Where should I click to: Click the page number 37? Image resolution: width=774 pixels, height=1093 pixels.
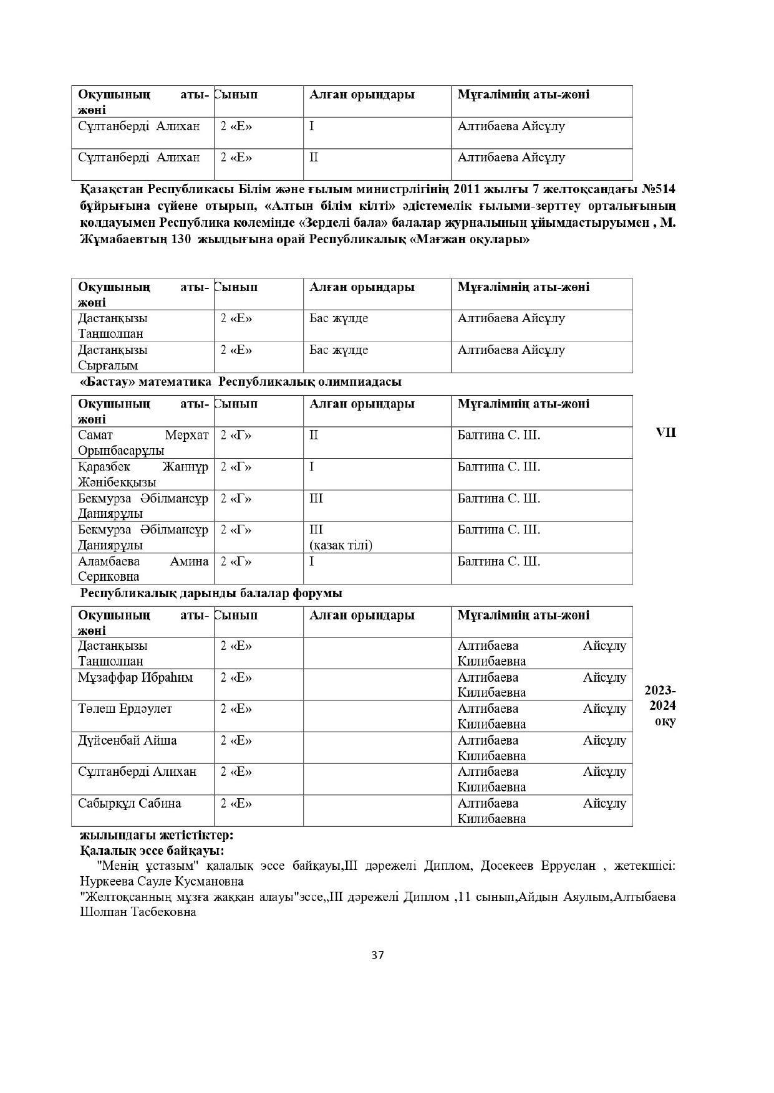(x=377, y=955)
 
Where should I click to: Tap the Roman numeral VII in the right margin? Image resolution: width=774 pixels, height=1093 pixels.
(x=665, y=432)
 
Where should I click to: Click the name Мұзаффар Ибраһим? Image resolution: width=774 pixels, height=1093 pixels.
(x=135, y=677)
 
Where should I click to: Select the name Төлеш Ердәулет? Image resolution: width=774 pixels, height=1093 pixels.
(x=125, y=709)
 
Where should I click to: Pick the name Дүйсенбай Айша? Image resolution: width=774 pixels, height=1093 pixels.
(x=127, y=740)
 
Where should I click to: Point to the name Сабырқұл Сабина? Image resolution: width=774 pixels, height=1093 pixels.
(x=129, y=803)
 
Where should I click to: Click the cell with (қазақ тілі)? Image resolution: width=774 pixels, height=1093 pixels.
(x=341, y=545)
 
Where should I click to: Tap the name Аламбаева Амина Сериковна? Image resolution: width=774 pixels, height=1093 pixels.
(x=143, y=569)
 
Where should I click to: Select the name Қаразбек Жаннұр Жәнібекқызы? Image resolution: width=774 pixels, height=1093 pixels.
(x=143, y=474)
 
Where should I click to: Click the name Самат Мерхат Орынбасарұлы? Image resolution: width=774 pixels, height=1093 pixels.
(x=143, y=442)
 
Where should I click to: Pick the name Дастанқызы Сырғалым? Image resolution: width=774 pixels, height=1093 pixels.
(x=113, y=357)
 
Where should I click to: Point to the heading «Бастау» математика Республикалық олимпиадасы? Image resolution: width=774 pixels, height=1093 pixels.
(x=241, y=381)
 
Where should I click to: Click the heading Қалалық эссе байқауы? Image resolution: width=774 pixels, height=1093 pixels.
(x=152, y=850)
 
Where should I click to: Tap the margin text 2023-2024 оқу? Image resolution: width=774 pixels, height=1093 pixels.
(x=660, y=706)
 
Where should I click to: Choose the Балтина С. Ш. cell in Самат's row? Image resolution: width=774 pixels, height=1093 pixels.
(x=498, y=435)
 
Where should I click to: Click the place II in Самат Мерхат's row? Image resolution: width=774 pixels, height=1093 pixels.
(x=314, y=435)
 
